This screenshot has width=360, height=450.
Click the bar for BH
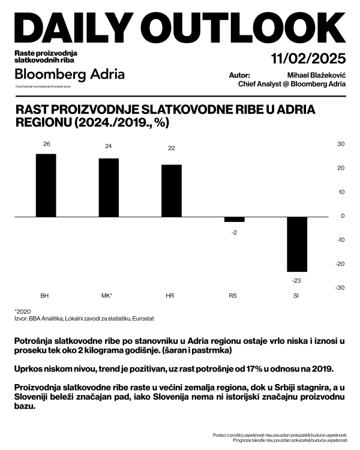pyautogui.click(x=46, y=185)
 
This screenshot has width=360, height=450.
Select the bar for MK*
pyautogui.click(x=109, y=187)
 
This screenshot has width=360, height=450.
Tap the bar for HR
pyautogui.click(x=172, y=190)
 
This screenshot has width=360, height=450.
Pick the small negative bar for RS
pyautogui.click(x=234, y=219)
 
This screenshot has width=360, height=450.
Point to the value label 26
pyautogui.click(x=46, y=144)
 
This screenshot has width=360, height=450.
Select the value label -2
pyautogui.click(x=234, y=232)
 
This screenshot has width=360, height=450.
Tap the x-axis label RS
pyautogui.click(x=233, y=296)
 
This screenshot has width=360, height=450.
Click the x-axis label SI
pyautogui.click(x=296, y=296)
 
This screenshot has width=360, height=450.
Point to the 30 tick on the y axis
pyautogui.click(x=340, y=144)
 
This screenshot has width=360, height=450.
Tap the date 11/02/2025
pyautogui.click(x=308, y=59)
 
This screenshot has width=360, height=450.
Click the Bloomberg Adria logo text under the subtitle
pyautogui.click(x=70, y=74)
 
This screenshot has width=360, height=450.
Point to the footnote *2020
pyautogui.click(x=22, y=311)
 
